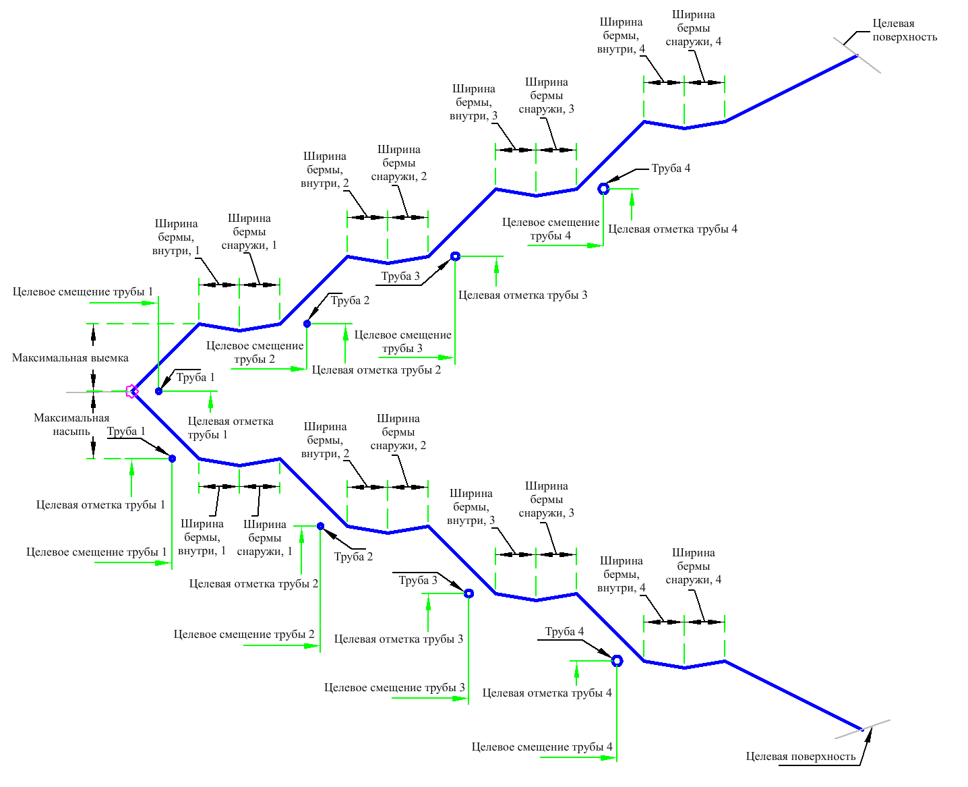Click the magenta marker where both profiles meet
[x=132, y=391]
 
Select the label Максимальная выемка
[x=70, y=358]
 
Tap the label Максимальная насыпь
[x=71, y=425]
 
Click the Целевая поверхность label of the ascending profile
[x=905, y=30]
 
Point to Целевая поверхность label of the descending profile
[x=801, y=757]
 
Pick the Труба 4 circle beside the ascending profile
[x=604, y=189]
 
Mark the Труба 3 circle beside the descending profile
[x=469, y=593]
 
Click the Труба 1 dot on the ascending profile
[x=159, y=391]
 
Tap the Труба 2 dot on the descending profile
[x=321, y=526]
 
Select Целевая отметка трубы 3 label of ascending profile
[x=522, y=295]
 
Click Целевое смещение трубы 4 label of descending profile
[x=542, y=747]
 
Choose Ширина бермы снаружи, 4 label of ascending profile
[x=694, y=28]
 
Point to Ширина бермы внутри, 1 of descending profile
[x=202, y=537]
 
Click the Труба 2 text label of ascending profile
[x=350, y=301]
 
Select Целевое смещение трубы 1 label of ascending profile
[x=83, y=292]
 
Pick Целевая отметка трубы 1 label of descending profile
[x=100, y=505]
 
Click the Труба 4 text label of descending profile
[x=564, y=632]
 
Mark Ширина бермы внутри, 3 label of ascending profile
[x=474, y=103]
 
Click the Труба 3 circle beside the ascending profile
[x=456, y=256]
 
